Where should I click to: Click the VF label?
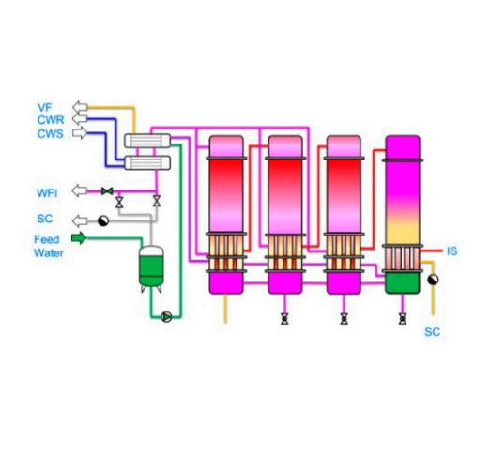44,107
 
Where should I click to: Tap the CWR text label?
51,120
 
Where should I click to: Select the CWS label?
50,134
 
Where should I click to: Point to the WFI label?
47,193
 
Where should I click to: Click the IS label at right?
452,251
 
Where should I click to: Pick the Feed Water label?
49,246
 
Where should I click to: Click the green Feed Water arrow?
79,238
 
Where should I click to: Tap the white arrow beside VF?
80,107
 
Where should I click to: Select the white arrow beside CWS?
80,133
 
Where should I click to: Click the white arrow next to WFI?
80,190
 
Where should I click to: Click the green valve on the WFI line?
107,191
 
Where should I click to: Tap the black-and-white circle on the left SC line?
103,220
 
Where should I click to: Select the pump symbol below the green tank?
166,317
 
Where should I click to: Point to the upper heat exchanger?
147,141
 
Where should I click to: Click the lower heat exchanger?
147,163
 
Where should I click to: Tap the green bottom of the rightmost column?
403,283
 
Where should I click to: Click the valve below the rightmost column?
403,319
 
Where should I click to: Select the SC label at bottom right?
433,332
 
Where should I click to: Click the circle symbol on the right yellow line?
433,280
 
